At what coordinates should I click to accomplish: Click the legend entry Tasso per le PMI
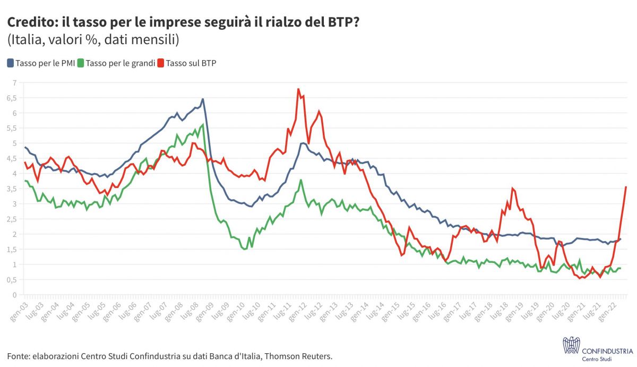click(40, 63)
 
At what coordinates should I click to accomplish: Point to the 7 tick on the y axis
click(15, 82)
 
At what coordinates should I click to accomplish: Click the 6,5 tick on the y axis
click(13, 98)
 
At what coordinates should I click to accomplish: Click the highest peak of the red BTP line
click(298, 89)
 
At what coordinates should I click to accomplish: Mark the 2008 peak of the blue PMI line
click(203, 99)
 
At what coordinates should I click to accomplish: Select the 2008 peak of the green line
click(203, 125)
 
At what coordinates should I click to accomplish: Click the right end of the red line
click(626, 186)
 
